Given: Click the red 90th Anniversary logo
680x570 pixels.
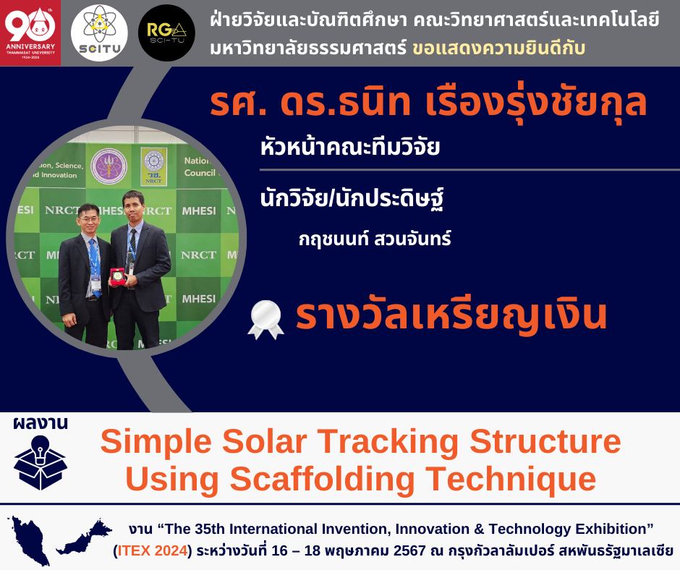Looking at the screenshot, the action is (x=30, y=33).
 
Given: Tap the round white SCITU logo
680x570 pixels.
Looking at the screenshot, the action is (x=99, y=33).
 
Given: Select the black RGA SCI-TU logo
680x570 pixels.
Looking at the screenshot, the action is (x=166, y=33).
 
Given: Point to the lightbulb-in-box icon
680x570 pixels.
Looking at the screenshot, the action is (x=40, y=462).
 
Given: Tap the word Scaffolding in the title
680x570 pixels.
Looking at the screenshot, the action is (x=322, y=480).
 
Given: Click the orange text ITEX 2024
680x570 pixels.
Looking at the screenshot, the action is (x=153, y=550).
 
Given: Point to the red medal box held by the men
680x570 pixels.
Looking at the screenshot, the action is (x=117, y=276).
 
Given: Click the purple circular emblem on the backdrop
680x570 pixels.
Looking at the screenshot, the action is (x=109, y=166).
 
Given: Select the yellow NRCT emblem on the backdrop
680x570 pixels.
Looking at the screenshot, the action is (x=153, y=166).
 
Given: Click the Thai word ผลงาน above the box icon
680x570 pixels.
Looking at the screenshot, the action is (x=41, y=422).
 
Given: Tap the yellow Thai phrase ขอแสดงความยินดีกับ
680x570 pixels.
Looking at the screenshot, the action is (x=498, y=48).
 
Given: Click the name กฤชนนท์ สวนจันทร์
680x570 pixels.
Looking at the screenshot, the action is (x=375, y=239).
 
